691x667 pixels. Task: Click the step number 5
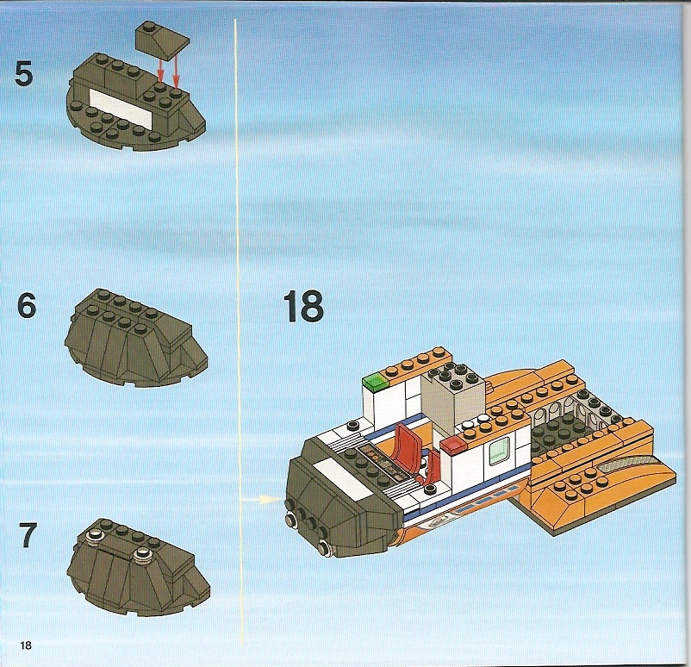tap(24, 73)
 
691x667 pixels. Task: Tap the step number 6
tap(27, 305)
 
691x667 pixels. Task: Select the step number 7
tap(28, 535)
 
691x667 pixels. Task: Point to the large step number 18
tap(303, 306)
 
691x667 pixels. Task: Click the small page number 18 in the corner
tap(26, 645)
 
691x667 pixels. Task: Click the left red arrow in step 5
tap(161, 70)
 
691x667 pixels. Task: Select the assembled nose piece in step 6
tap(136, 338)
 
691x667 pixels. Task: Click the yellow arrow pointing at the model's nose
tap(261, 500)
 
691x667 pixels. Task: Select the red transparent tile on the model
tap(453, 446)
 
